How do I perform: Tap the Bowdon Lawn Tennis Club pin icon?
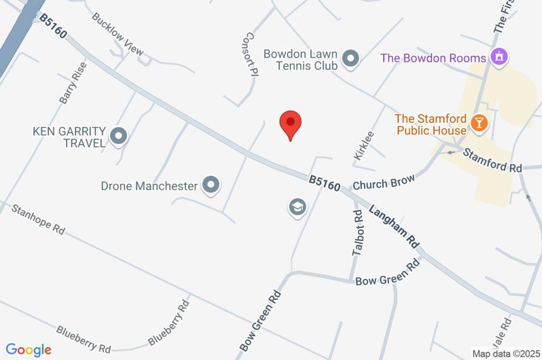click(x=350, y=59)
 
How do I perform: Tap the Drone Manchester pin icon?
click(x=211, y=185)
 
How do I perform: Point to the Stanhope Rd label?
click(x=38, y=220)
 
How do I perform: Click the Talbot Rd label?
click(x=359, y=233)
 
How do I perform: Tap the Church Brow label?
click(x=384, y=182)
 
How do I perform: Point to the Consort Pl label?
click(x=249, y=55)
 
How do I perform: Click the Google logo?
click(x=29, y=350)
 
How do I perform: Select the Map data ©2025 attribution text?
click(x=505, y=354)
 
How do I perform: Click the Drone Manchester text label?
click(x=149, y=186)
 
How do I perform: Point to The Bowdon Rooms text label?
click(x=433, y=58)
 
